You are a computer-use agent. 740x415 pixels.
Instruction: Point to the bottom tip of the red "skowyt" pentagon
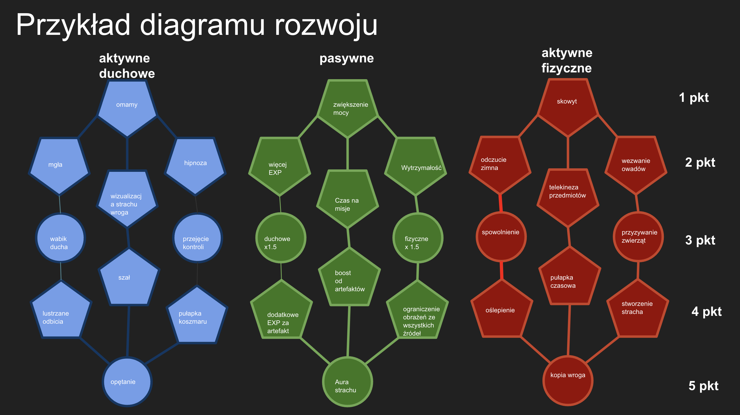[568, 136]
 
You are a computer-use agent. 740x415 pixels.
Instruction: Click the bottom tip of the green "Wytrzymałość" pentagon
[415, 195]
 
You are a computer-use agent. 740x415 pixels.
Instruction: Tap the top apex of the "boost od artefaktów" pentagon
[349, 248]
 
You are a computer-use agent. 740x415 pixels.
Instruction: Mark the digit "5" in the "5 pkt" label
[692, 386]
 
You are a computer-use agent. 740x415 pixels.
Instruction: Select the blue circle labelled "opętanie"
[127, 382]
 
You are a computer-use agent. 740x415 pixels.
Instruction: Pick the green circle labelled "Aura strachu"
[348, 382]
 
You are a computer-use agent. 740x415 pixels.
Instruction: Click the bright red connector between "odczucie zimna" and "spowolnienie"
[501, 203]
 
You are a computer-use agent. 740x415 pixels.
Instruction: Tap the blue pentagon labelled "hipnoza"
[195, 166]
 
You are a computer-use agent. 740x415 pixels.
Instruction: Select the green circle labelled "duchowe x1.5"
[281, 238]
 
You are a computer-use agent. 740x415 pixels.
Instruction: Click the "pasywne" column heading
[347, 58]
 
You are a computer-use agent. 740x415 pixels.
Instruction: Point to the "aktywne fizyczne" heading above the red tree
[567, 60]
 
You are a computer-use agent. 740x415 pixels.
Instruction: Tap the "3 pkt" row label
[700, 240]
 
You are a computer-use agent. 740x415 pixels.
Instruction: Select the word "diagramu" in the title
[202, 25]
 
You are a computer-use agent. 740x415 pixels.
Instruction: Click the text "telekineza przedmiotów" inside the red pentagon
[567, 191]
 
